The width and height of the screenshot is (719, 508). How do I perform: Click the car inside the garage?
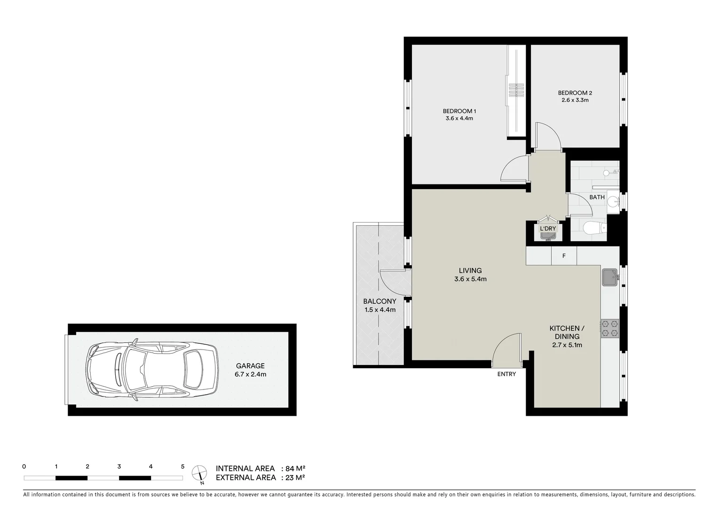[x=151, y=370]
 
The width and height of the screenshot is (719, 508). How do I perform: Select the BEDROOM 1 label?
[x=459, y=115]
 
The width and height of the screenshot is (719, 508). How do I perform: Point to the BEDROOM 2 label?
[x=575, y=96]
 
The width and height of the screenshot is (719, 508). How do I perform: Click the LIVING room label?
[x=470, y=274]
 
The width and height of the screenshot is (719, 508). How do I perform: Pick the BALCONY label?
[x=379, y=305]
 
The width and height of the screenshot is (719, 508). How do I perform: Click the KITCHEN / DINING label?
[x=567, y=336]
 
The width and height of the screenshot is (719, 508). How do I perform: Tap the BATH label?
[x=597, y=197]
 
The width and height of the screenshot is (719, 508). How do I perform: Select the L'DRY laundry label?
[x=548, y=229]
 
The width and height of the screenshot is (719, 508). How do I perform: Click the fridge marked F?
[x=564, y=256]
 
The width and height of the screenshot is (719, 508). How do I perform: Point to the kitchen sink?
[x=610, y=278]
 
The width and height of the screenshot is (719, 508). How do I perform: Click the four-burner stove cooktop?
[x=609, y=328]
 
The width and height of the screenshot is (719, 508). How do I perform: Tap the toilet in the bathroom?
[x=594, y=229]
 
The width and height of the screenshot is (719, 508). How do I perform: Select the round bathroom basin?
[x=613, y=202]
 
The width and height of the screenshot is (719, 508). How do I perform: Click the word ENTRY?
[x=506, y=374]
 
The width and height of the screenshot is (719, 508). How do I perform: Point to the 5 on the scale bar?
[x=182, y=467]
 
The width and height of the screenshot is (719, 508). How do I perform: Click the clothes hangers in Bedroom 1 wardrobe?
[x=516, y=89]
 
